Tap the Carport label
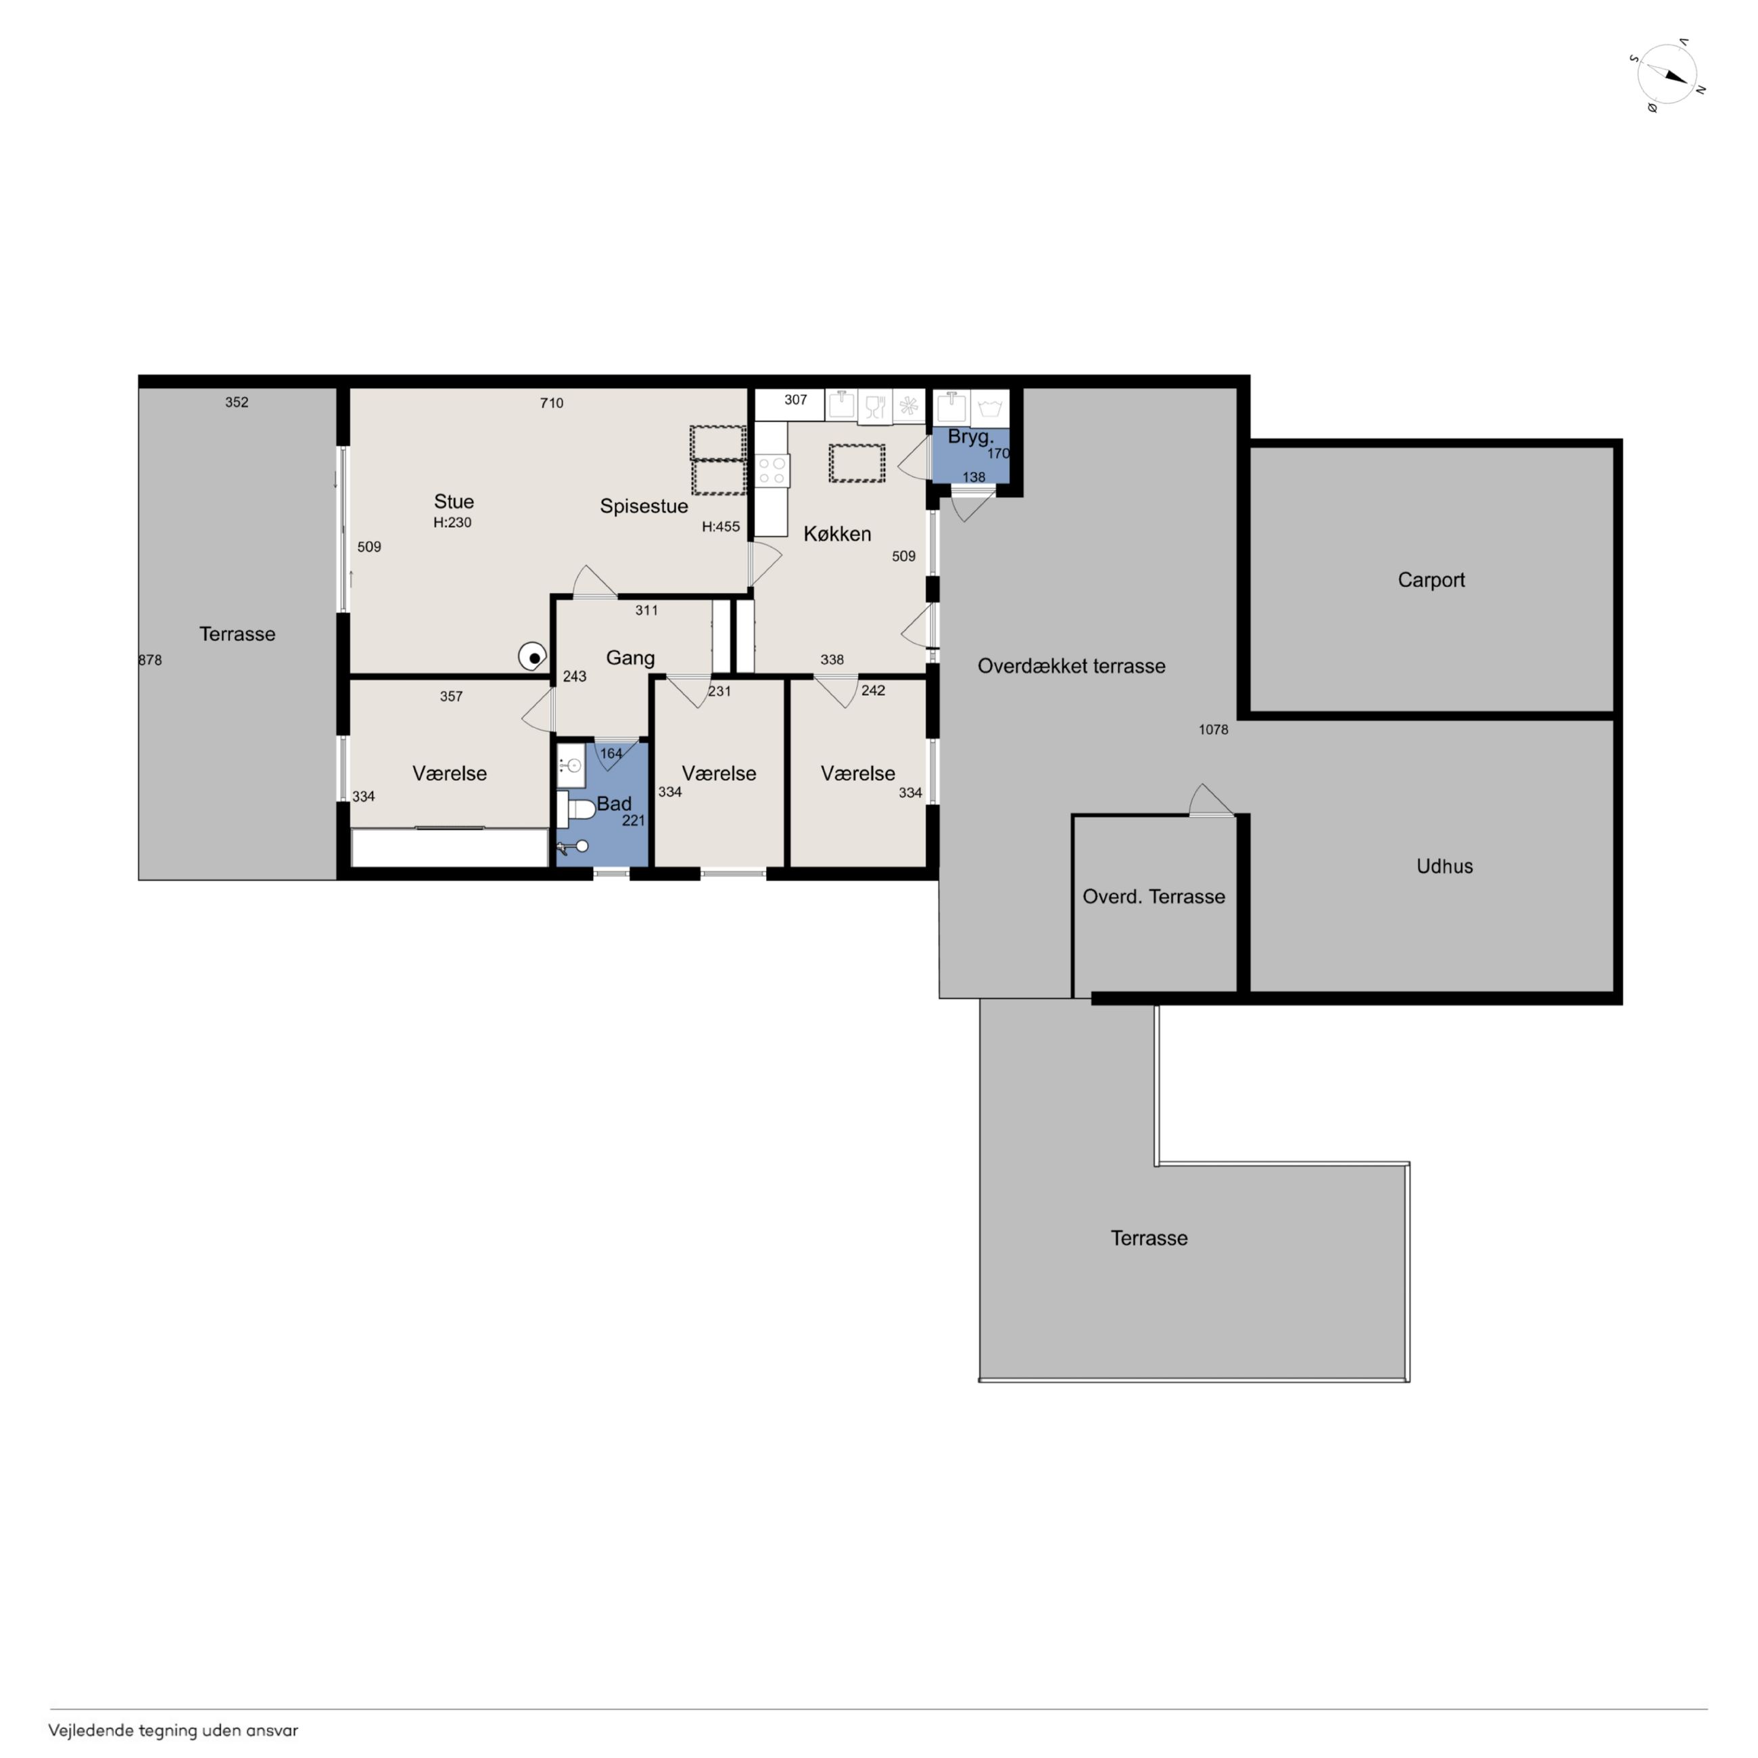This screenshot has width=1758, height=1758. [x=1431, y=579]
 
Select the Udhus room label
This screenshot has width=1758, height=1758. [x=1444, y=866]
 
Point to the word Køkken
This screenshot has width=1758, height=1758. [x=837, y=534]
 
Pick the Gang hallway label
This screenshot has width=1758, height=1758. [x=629, y=658]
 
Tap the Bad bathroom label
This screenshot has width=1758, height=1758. [x=614, y=803]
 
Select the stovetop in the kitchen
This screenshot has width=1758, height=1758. [x=773, y=471]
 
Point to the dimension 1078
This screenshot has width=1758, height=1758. [x=1213, y=729]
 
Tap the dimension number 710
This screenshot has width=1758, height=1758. [x=552, y=403]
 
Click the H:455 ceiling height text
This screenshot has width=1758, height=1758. [x=721, y=526]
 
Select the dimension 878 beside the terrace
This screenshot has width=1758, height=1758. [x=150, y=660]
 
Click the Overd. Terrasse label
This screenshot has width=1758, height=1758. [x=1153, y=897]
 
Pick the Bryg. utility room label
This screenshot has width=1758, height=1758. [x=970, y=437]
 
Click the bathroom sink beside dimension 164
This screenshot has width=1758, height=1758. [x=571, y=766]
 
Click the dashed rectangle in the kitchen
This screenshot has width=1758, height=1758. [x=856, y=463]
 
